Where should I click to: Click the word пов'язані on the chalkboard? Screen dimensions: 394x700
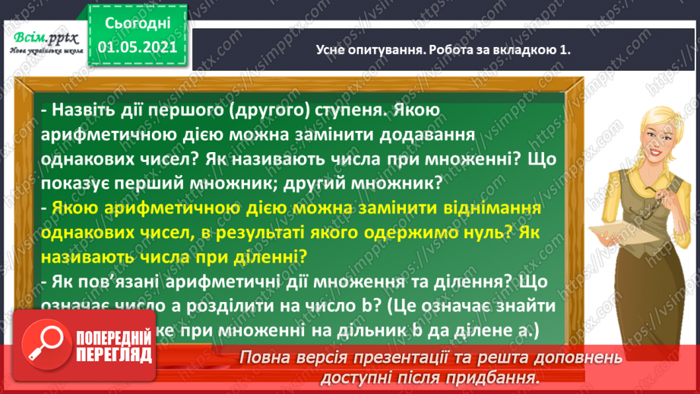click(118, 281)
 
